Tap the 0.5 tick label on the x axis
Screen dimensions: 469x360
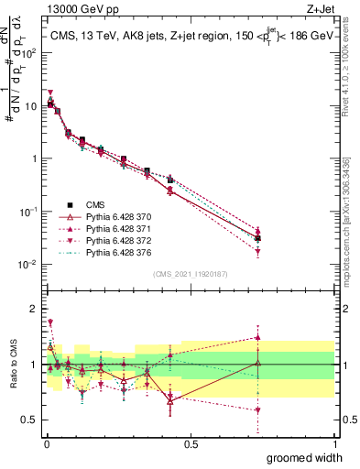[x=191, y=444]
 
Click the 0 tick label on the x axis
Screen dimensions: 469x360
[x=46, y=444]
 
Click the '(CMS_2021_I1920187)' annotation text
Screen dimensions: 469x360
[x=191, y=273]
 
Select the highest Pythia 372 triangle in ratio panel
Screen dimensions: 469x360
[x=50, y=322]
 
